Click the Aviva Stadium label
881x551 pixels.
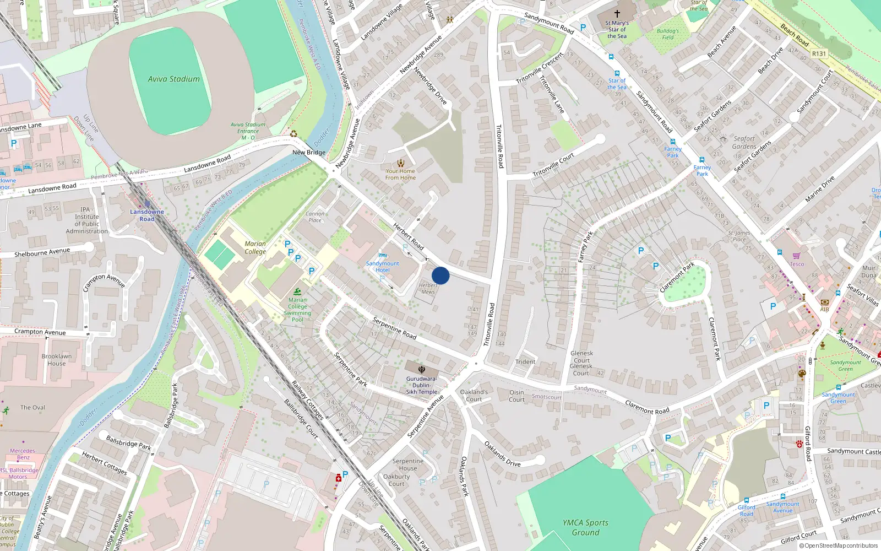(173, 79)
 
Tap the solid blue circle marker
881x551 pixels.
(440, 275)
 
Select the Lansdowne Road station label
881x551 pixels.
(147, 215)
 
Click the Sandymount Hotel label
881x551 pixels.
(383, 267)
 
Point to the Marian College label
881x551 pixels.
(255, 247)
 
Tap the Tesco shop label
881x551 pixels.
(797, 264)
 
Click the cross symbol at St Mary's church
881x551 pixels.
(617, 13)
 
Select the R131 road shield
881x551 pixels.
(819, 53)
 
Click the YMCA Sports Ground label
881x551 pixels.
(585, 527)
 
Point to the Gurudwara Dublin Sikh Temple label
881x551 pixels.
(422, 385)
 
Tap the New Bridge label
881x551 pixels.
(309, 153)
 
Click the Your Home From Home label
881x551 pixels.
(400, 174)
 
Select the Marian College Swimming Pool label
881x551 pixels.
(297, 310)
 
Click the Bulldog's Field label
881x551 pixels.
(668, 34)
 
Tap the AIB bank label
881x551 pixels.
(824, 309)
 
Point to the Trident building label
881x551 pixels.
(525, 362)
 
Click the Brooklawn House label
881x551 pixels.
(56, 360)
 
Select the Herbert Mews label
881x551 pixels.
(428, 288)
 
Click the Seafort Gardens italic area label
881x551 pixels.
(744, 143)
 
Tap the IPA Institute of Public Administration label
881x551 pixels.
(87, 220)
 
